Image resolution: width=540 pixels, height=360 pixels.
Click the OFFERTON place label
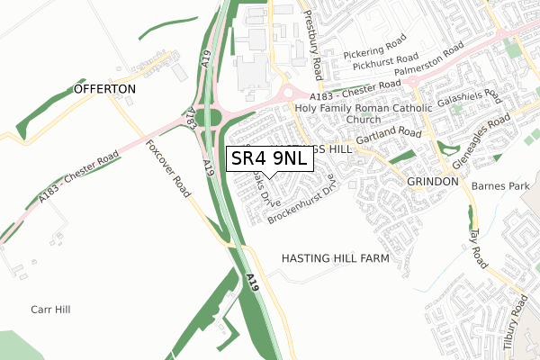105,90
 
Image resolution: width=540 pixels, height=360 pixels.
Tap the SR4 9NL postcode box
268,157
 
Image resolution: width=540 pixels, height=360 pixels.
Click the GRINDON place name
433,181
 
